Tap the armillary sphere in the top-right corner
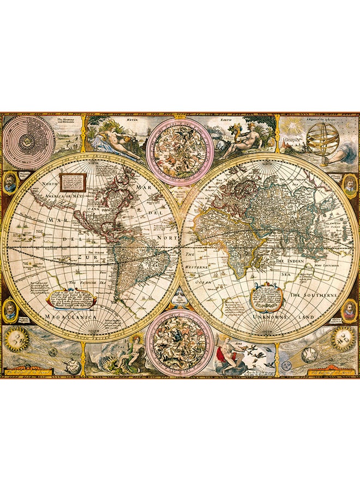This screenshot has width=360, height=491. [x=322, y=138]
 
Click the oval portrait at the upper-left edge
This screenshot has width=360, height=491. [x=10, y=183]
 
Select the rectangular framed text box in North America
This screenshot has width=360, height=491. [x=73, y=181]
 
